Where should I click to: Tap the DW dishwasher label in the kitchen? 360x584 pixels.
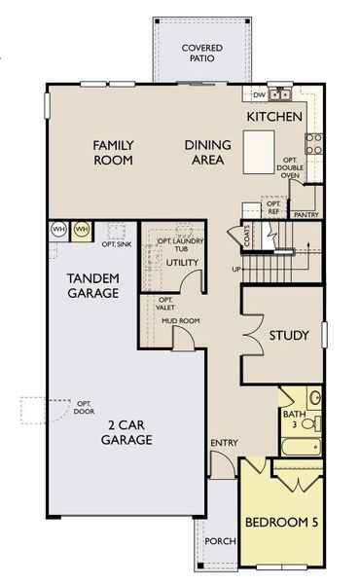259,95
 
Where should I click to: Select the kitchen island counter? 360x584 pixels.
258,151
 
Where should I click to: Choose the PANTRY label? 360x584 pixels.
306,214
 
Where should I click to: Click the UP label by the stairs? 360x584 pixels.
235,269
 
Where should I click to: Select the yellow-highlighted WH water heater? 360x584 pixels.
82,230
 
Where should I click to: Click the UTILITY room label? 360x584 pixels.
182,263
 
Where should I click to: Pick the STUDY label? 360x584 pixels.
290,336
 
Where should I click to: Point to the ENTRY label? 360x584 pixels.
224,444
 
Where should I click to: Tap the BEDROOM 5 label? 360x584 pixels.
282,524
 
